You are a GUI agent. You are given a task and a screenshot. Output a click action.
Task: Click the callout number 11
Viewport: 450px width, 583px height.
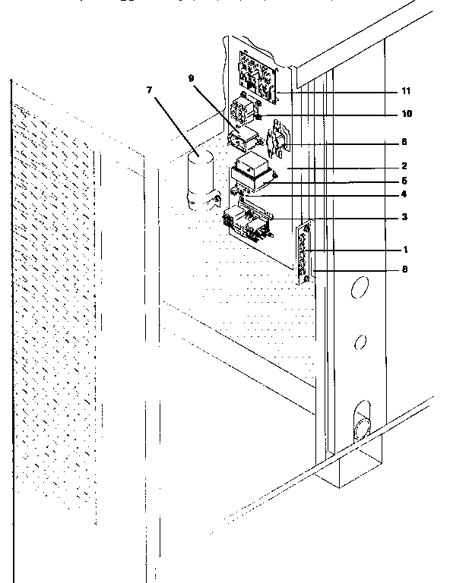pyautogui.click(x=406, y=90)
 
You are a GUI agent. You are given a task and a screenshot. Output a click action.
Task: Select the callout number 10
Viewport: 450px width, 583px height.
pyautogui.click(x=407, y=114)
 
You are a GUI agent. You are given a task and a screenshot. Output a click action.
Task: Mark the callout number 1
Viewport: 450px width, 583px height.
pyautogui.click(x=405, y=250)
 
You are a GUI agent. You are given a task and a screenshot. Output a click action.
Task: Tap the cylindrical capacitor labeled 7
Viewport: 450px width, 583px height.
pyautogui.click(x=200, y=179)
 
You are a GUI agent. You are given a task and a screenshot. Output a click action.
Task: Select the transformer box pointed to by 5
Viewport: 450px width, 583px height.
pyautogui.click(x=251, y=173)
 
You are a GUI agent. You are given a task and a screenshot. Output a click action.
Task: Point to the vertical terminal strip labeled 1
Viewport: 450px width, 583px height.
pyautogui.click(x=304, y=253)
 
